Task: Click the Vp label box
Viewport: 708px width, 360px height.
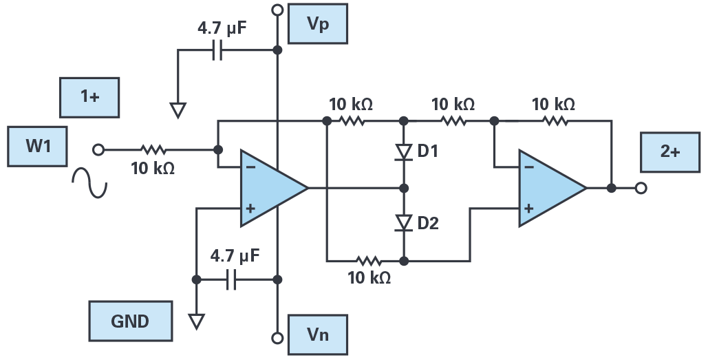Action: [317, 24]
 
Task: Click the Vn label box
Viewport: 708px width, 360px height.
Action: [317, 335]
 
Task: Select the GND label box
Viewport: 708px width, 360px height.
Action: [131, 321]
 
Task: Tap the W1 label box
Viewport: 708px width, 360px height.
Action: [37, 147]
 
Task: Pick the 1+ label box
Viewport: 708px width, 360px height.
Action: [89, 98]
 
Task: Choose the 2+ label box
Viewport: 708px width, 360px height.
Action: [670, 152]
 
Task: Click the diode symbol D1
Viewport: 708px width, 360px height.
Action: [404, 152]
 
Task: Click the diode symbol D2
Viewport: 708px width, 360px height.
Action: [404, 223]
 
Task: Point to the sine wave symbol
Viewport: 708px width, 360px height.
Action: [89, 182]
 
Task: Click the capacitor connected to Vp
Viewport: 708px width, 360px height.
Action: [217, 50]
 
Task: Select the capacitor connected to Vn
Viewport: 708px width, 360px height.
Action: [230, 279]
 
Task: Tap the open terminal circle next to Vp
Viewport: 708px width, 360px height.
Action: [278, 10]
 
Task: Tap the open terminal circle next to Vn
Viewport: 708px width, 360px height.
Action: [278, 338]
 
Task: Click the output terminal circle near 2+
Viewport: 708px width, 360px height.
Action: [641, 188]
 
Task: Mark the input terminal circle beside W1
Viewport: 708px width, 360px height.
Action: [98, 149]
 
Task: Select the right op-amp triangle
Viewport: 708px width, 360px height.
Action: [553, 188]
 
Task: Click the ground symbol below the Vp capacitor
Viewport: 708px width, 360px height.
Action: [178, 110]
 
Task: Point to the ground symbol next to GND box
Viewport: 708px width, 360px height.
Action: [196, 321]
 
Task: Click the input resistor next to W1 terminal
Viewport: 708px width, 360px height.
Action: [153, 149]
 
